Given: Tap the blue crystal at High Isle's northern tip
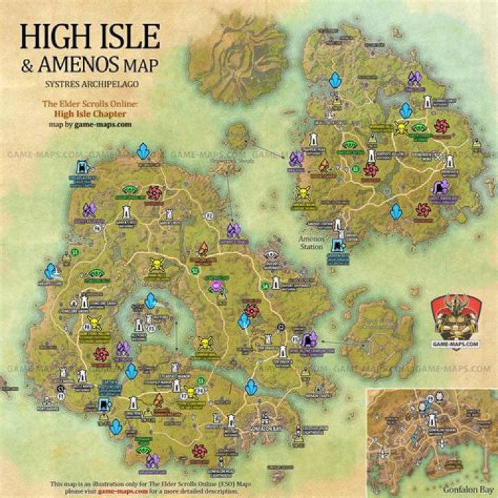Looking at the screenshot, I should point(143,151).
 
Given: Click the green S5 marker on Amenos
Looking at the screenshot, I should point(356,168).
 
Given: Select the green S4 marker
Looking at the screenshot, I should point(265,285).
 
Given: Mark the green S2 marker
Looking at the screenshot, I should point(195,270).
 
